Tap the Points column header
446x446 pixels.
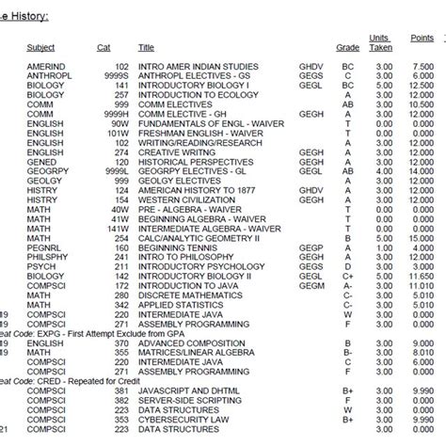[x=422, y=38]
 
